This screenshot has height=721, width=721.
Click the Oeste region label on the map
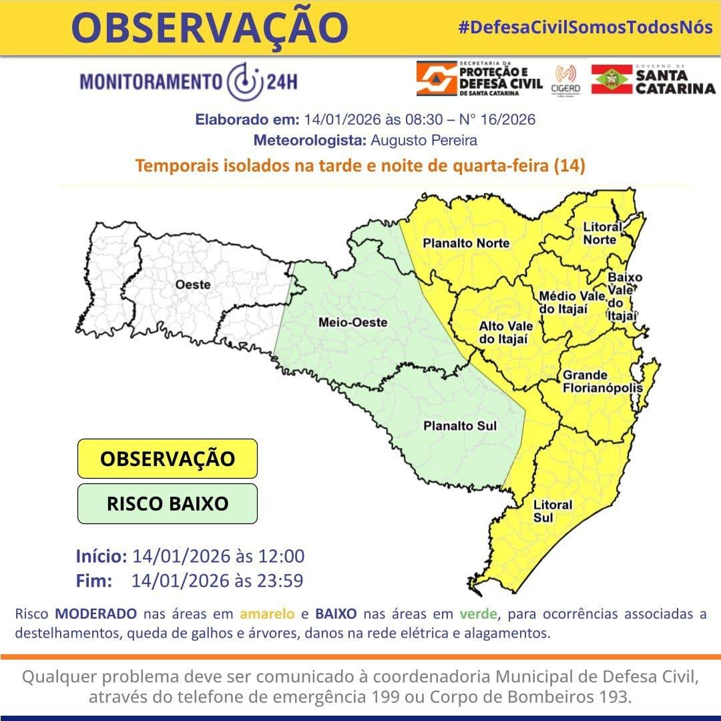coord(192,285)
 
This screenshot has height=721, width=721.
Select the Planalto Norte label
coord(466,244)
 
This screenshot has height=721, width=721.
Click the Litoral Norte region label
coord(602,233)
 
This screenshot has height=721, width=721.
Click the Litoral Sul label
coord(553,511)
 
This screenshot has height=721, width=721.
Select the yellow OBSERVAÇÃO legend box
coord(168,459)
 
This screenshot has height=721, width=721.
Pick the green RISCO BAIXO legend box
coord(168,503)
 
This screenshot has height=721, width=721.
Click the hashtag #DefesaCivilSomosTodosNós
coord(585,27)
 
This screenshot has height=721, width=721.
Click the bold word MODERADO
coord(96,614)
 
